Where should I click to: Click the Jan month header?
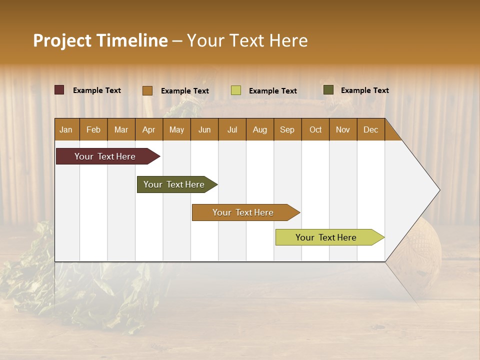coord(66,129)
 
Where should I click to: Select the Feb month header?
coord(93,129)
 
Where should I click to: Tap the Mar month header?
coord(121,129)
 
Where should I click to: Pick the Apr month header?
coord(149,129)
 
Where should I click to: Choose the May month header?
coord(176,129)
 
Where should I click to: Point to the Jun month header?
coord(204,129)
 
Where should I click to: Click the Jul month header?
coord(232,129)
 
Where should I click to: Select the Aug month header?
coord(260,129)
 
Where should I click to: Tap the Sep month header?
coord(287,129)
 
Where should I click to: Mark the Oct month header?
coord(315,129)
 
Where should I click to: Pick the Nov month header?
coord(343,129)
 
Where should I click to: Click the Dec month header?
coord(371,129)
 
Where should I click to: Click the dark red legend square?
coord(59,90)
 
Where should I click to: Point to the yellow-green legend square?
coord(236,90)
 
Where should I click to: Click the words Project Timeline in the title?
coord(100,40)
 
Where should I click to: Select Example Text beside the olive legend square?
coord(364,90)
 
